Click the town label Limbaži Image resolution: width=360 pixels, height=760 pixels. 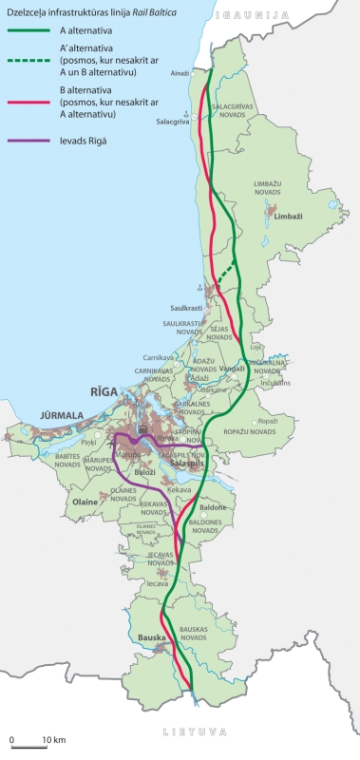[286, 217]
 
